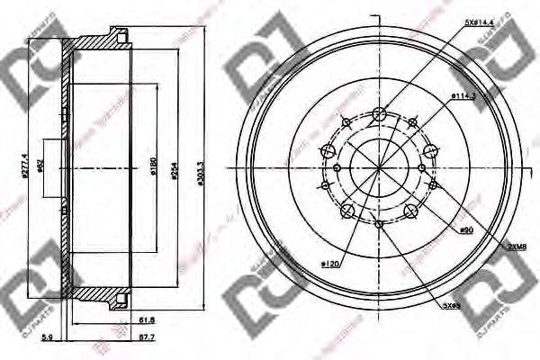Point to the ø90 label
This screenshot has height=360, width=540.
click(x=466, y=230)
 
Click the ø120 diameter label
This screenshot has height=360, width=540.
click(x=330, y=265)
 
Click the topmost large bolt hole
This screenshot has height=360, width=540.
click(x=379, y=113)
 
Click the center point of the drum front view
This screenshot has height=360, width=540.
click(x=379, y=167)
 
